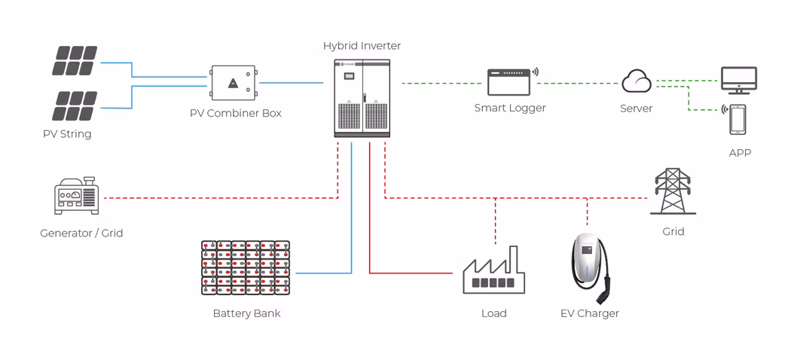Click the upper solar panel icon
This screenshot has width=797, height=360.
pyautogui.click(x=74, y=61)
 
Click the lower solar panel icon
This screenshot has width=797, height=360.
pyautogui.click(x=74, y=106)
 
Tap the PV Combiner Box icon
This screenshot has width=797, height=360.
pyautogui.click(x=234, y=84)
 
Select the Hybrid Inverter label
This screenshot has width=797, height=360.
pyautogui.click(x=362, y=46)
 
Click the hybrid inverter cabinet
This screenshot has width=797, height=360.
pyautogui.click(x=362, y=98)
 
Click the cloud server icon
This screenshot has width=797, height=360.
pyautogui.click(x=637, y=81)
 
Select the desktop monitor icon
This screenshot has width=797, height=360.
pyautogui.click(x=738, y=80)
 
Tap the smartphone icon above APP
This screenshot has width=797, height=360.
pyautogui.click(x=737, y=119)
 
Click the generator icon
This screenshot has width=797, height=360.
pyautogui.click(x=76, y=197)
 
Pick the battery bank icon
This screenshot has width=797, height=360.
pyautogui.click(x=246, y=267)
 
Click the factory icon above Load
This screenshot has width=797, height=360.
pyautogui.click(x=493, y=271)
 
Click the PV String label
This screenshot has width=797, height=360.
pyautogui.click(x=67, y=134)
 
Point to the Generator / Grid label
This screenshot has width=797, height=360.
pyautogui.click(x=81, y=233)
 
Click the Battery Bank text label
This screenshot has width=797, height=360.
pyautogui.click(x=246, y=313)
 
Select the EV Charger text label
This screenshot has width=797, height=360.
pyautogui.click(x=589, y=313)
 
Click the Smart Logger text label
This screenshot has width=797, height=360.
pyautogui.click(x=509, y=108)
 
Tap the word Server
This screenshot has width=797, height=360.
pyautogui.click(x=636, y=108)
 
